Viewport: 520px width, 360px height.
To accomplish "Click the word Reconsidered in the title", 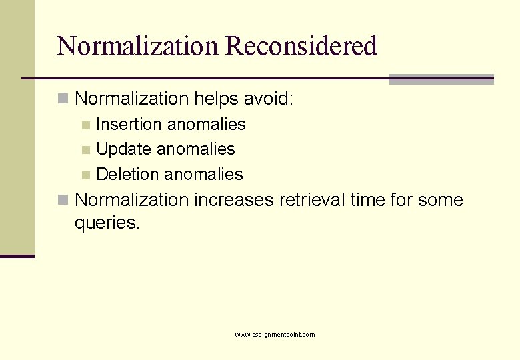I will tap(301, 46).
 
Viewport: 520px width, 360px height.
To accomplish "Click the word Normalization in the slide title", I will tap(137, 46).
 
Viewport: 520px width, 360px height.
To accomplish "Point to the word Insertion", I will tap(129, 125).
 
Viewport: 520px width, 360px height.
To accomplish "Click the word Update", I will tap(124, 149).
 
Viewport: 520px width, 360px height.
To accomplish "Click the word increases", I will tap(233, 200).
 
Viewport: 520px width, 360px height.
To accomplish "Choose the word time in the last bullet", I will tap(367, 200).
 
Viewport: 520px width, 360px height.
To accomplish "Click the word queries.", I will tap(107, 223).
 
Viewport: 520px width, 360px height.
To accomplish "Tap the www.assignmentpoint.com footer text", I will tap(275, 335).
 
